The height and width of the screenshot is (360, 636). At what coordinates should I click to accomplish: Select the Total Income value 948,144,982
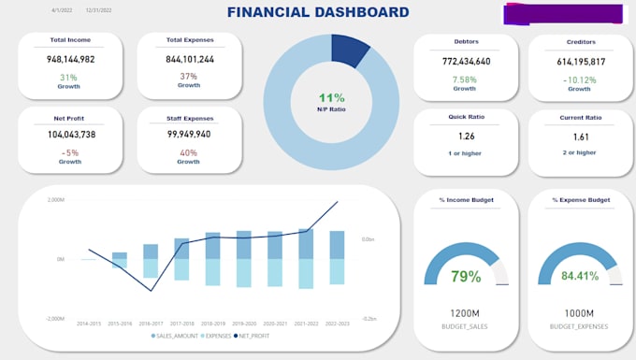coord(69,59)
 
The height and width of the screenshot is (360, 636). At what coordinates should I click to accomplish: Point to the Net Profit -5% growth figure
coord(69,151)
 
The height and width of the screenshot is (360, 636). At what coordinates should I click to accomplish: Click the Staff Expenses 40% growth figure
coord(188,151)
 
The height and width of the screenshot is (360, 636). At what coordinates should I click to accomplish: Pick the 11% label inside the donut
coord(331,97)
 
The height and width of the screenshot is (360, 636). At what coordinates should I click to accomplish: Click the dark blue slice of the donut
coord(350,50)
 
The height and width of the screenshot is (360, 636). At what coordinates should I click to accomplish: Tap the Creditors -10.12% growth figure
coord(580,79)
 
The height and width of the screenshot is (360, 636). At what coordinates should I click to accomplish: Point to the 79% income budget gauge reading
coord(466,277)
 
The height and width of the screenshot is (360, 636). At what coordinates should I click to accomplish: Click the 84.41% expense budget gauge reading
coord(580,277)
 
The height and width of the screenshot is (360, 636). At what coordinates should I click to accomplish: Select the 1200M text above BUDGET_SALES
coord(466,314)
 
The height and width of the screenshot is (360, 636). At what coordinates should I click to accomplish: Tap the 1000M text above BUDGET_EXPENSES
coord(580,314)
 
